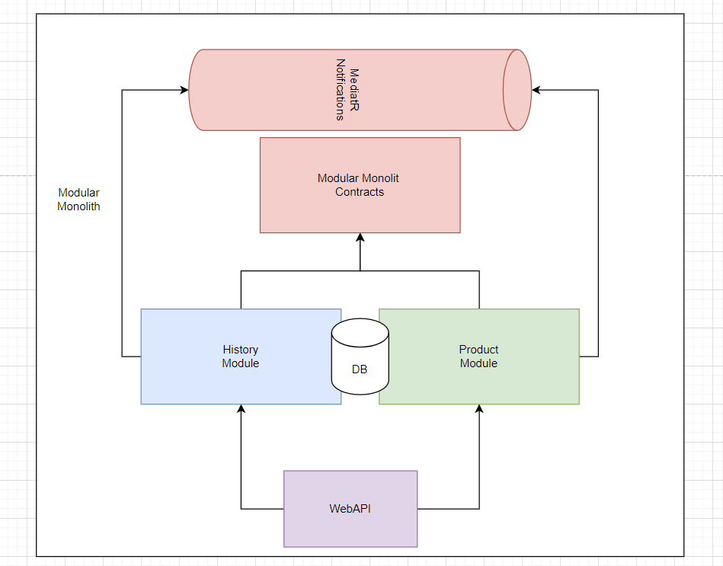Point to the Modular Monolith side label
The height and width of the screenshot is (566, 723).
click(x=78, y=200)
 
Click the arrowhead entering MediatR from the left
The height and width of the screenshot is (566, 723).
click(x=184, y=90)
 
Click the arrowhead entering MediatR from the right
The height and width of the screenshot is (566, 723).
click(x=536, y=90)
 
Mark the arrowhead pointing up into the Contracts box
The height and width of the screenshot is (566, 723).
click(x=360, y=238)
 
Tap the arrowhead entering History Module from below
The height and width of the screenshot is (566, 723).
click(x=242, y=409)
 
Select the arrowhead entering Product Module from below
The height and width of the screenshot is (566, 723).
click(x=479, y=409)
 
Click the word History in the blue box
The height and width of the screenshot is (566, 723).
click(x=240, y=350)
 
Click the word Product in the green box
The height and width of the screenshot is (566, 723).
click(x=478, y=350)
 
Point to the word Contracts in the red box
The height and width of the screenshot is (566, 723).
click(x=360, y=192)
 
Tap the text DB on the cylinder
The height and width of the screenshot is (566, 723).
click(x=360, y=369)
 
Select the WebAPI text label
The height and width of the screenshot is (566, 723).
click(x=350, y=508)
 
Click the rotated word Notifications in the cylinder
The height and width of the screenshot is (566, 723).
click(x=341, y=90)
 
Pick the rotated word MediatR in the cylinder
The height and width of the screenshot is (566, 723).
click(x=354, y=90)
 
